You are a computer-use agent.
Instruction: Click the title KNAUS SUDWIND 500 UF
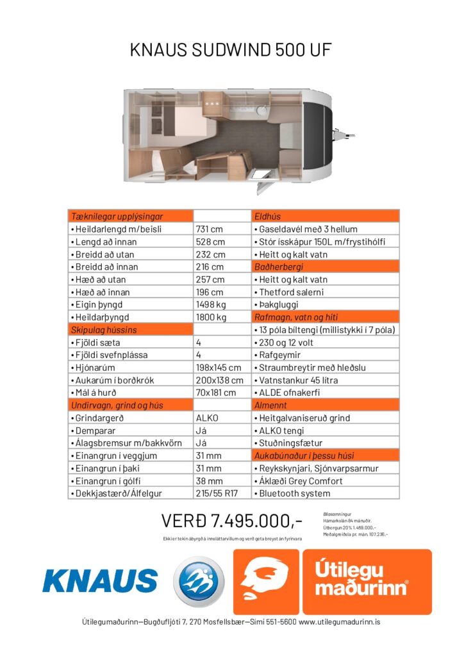pyautogui.click(x=231, y=50)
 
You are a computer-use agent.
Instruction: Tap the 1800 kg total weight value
pyautogui.click(x=211, y=317)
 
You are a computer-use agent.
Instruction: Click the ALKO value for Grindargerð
pyautogui.click(x=206, y=418)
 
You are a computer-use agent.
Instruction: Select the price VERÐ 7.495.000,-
pyautogui.click(x=231, y=519)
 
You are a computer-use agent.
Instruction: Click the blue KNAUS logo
pyautogui.click(x=100, y=580)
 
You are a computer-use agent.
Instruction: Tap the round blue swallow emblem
pyautogui.click(x=199, y=580)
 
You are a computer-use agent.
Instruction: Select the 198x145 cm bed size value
pyautogui.click(x=218, y=368)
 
